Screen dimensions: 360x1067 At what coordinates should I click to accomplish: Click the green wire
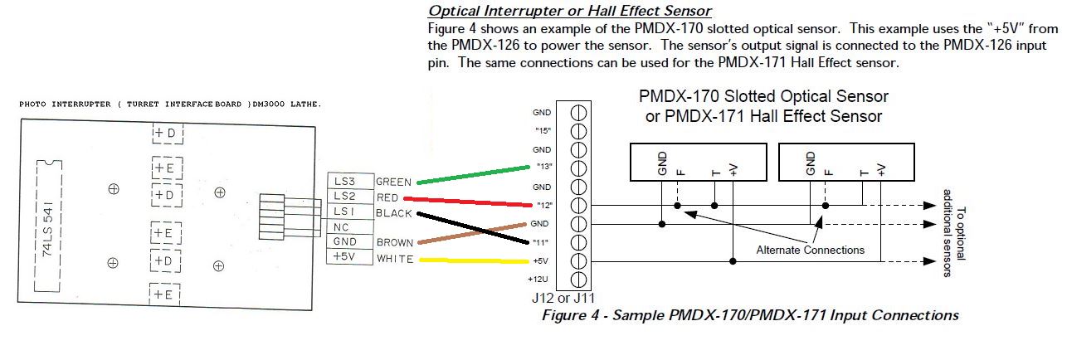point(473,174)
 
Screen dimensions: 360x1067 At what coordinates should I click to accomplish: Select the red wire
point(473,201)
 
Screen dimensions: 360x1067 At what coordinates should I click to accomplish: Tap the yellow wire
point(473,260)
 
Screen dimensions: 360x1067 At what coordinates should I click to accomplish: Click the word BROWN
point(394,243)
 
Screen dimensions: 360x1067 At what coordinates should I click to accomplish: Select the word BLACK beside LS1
point(394,213)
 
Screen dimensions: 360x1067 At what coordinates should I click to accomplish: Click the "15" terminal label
point(543,130)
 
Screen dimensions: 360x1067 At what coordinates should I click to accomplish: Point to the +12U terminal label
point(541,280)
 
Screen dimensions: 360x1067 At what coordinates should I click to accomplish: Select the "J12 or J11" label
point(562,297)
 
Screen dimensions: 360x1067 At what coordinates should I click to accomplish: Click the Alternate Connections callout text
point(810,250)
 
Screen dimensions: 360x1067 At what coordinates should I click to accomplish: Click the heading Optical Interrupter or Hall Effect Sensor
point(569,11)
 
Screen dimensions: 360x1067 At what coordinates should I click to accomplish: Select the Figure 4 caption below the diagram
point(749,315)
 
